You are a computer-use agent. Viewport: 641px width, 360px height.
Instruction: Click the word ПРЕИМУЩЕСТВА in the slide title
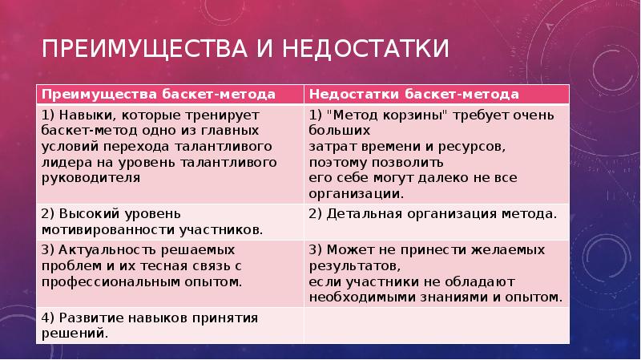pos(144,48)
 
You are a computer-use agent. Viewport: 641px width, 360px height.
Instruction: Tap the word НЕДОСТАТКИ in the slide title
pos(365,48)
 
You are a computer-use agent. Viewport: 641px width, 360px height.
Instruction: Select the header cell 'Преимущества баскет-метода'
pos(170,94)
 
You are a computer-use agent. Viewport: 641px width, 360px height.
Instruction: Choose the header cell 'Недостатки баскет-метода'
pos(437,94)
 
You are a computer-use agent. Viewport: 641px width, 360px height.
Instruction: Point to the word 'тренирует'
pos(222,115)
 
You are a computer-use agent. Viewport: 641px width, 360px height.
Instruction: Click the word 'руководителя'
pos(91,178)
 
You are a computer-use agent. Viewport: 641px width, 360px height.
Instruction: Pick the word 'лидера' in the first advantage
pos(67,163)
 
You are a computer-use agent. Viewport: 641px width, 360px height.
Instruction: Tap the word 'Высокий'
pos(89,214)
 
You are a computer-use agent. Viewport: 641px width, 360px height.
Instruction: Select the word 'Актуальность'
pos(107,250)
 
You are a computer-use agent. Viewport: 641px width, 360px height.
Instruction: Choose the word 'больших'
pos(339,131)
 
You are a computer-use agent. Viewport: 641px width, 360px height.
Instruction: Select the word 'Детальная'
pos(365,214)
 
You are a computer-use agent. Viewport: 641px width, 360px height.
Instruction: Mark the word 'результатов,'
pos(354,266)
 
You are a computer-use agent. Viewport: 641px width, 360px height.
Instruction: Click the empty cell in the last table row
pos(437,326)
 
